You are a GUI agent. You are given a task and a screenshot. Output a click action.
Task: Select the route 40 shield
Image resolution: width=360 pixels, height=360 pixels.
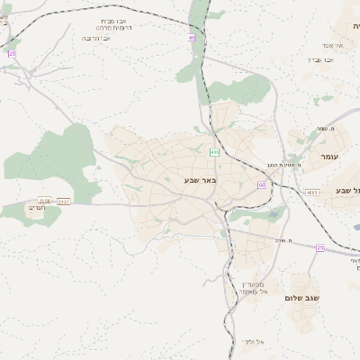click(x=192, y=37)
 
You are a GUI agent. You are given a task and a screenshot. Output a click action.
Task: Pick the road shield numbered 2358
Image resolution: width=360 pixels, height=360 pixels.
click(x=45, y=200)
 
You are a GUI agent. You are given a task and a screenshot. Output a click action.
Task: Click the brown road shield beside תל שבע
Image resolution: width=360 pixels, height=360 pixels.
click(x=311, y=192)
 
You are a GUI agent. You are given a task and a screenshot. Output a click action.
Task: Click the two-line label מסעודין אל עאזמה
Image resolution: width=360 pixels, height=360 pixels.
click(x=243, y=285)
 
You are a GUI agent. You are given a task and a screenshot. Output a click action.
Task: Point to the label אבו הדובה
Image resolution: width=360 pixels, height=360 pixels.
click(x=95, y=39)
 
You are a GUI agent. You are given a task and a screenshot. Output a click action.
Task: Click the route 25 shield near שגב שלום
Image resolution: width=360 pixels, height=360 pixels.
click(x=319, y=247)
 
